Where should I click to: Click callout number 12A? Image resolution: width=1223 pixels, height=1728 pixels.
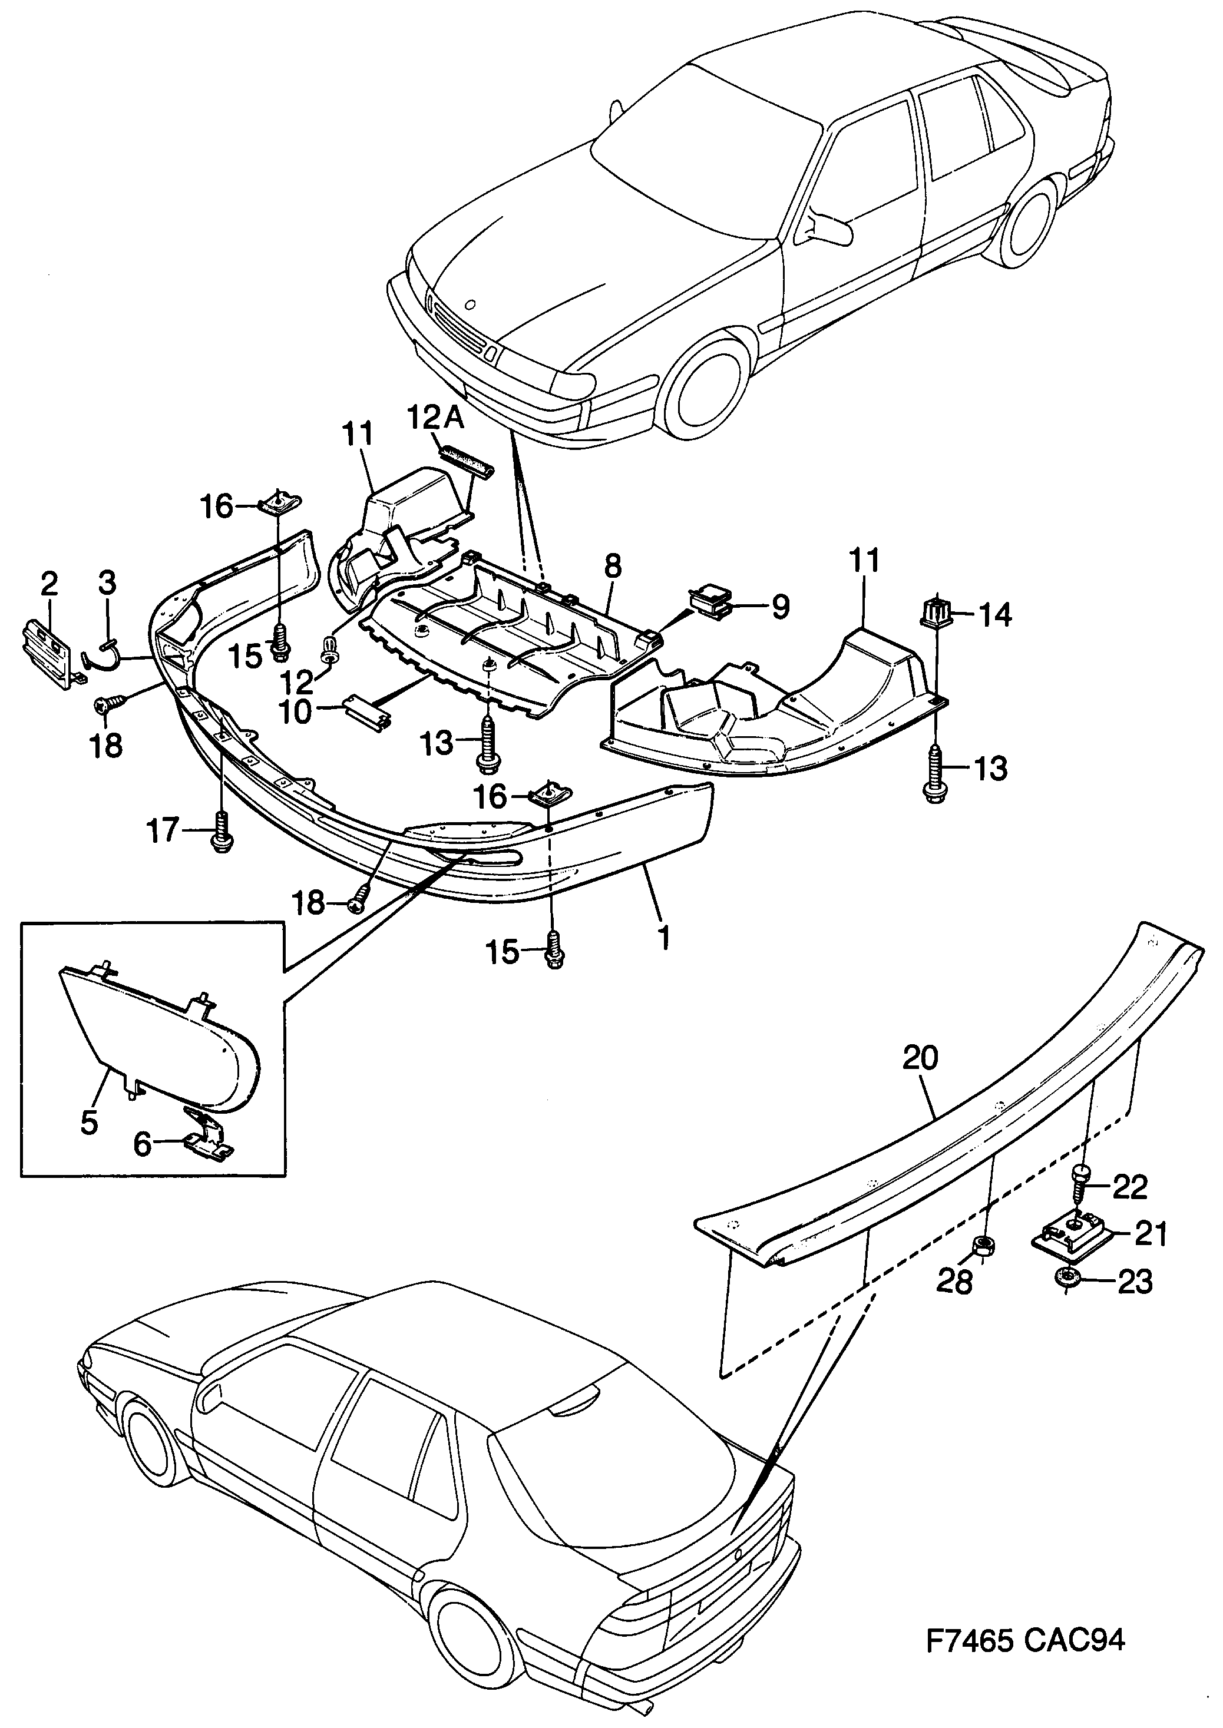click(437, 416)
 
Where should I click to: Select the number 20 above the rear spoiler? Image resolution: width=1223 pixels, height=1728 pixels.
click(920, 1058)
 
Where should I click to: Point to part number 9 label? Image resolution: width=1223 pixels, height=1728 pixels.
click(779, 607)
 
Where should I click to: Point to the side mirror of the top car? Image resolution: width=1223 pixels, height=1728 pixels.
click(822, 226)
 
